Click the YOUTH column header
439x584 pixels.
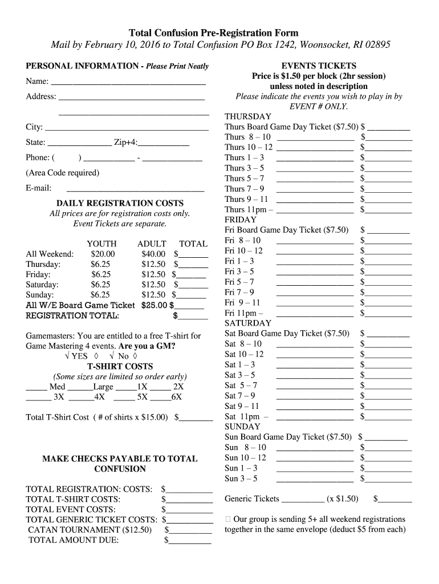click(101, 244)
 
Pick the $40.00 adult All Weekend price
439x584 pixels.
click(153, 254)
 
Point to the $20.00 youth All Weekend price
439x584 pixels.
click(103, 254)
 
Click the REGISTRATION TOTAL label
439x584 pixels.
click(73, 315)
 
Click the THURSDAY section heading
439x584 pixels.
click(248, 116)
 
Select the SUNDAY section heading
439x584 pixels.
click(242, 427)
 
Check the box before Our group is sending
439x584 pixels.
click(229, 520)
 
